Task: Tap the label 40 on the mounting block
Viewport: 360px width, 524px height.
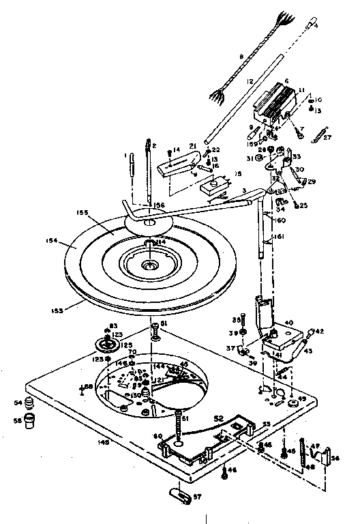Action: coord(288,323)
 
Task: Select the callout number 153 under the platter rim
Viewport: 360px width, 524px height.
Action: coord(57,310)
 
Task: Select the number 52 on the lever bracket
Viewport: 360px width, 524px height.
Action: coord(220,418)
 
